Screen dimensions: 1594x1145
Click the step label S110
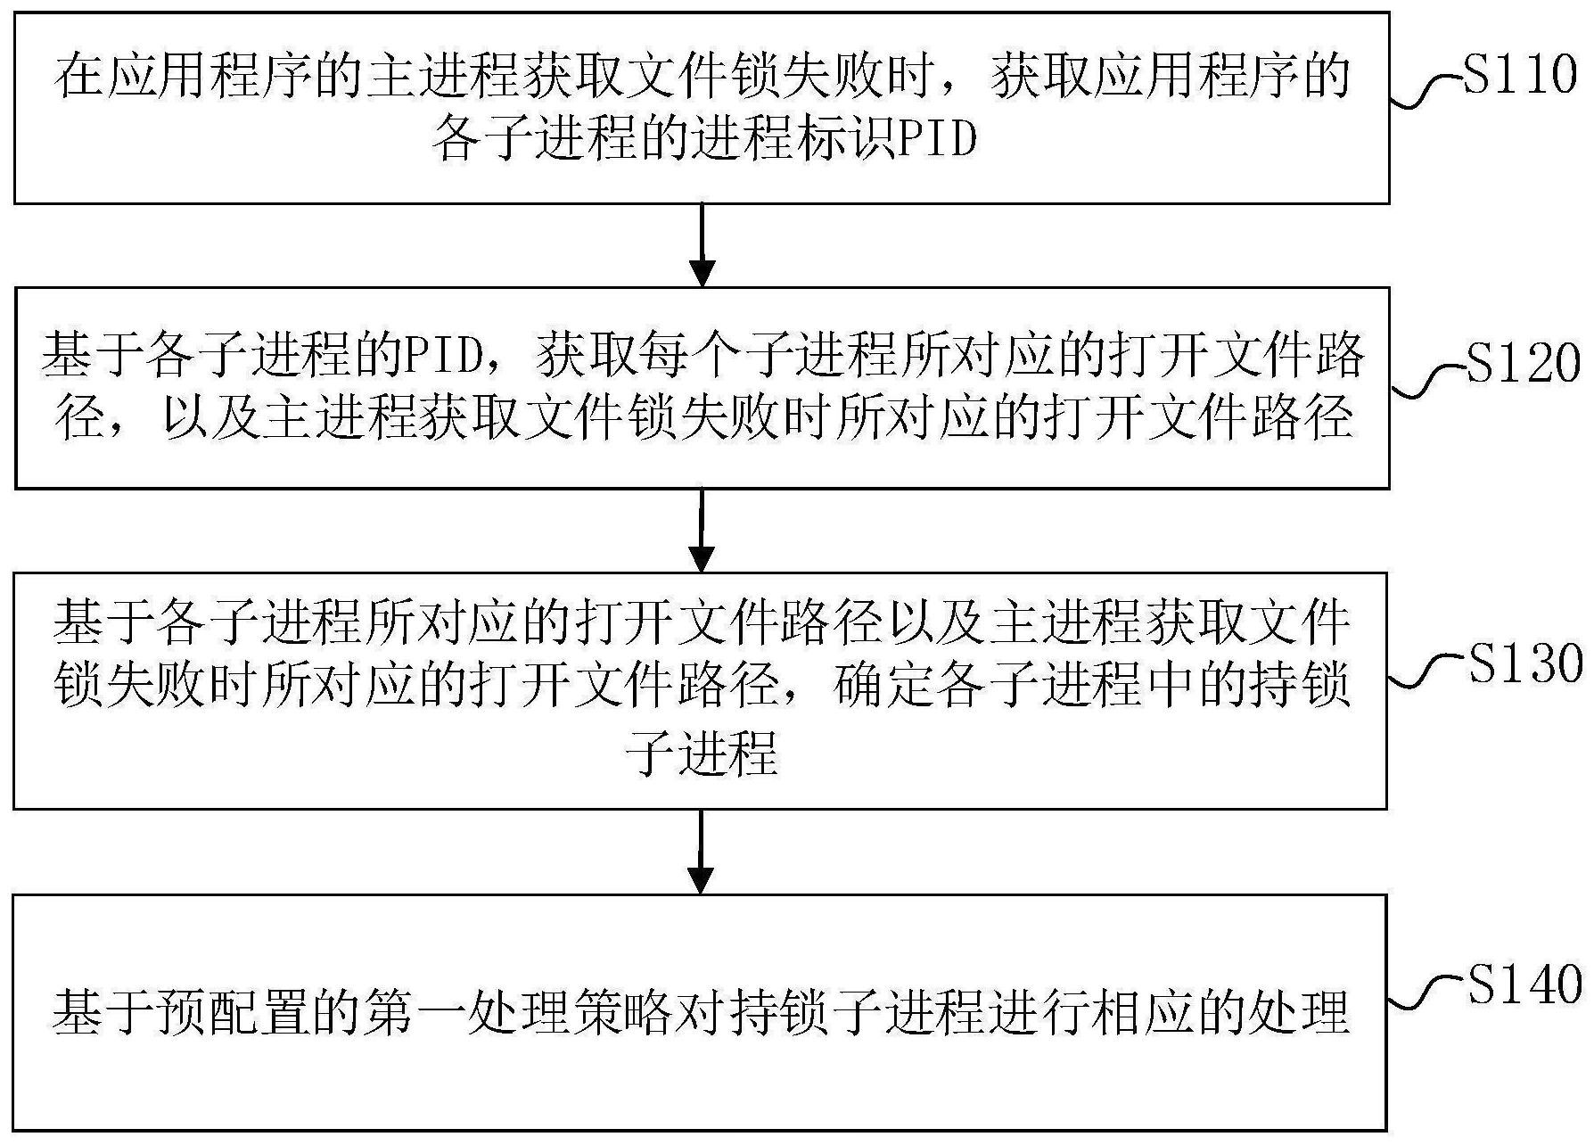click(1521, 75)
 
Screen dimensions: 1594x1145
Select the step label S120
click(1523, 362)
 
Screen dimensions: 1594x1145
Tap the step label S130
click(1525, 663)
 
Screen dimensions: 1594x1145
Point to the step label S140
click(1525, 984)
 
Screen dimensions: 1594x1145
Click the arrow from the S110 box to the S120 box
click(703, 245)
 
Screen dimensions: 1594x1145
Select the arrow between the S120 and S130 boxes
click(702, 531)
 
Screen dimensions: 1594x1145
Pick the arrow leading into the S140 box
click(702, 852)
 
